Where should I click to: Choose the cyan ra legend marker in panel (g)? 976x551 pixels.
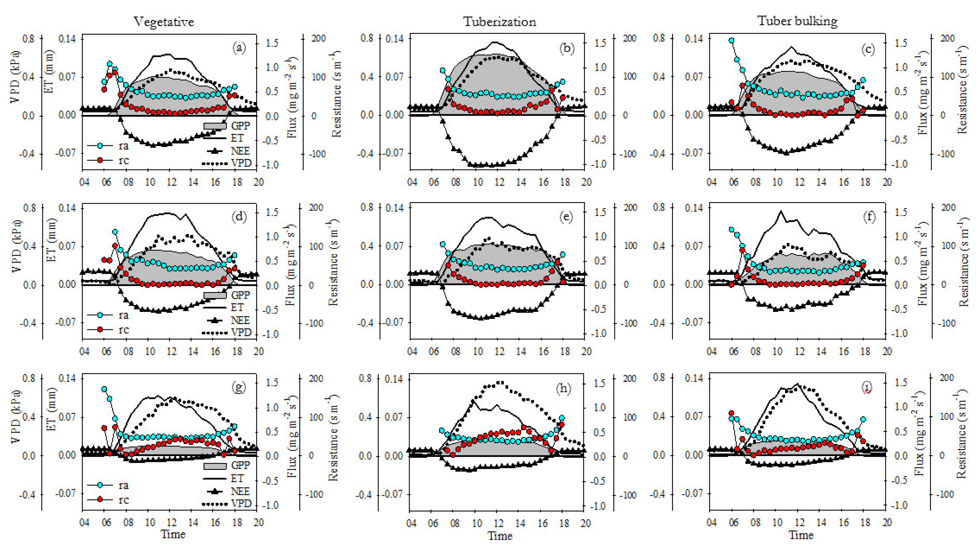click(x=100, y=485)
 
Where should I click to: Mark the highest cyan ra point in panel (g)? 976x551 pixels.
click(x=104, y=389)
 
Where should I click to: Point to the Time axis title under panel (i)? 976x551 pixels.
click(x=801, y=535)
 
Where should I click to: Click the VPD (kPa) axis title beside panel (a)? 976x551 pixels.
click(x=15, y=77)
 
